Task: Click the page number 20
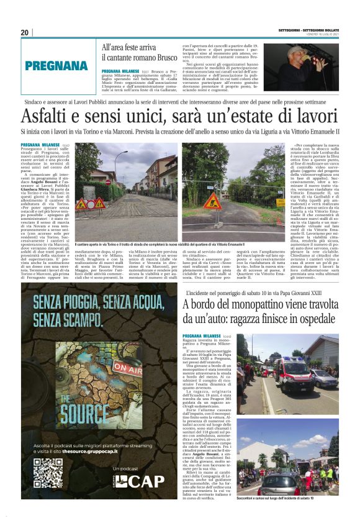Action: (x=25, y=32)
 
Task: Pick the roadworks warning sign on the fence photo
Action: (x=213, y=202)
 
